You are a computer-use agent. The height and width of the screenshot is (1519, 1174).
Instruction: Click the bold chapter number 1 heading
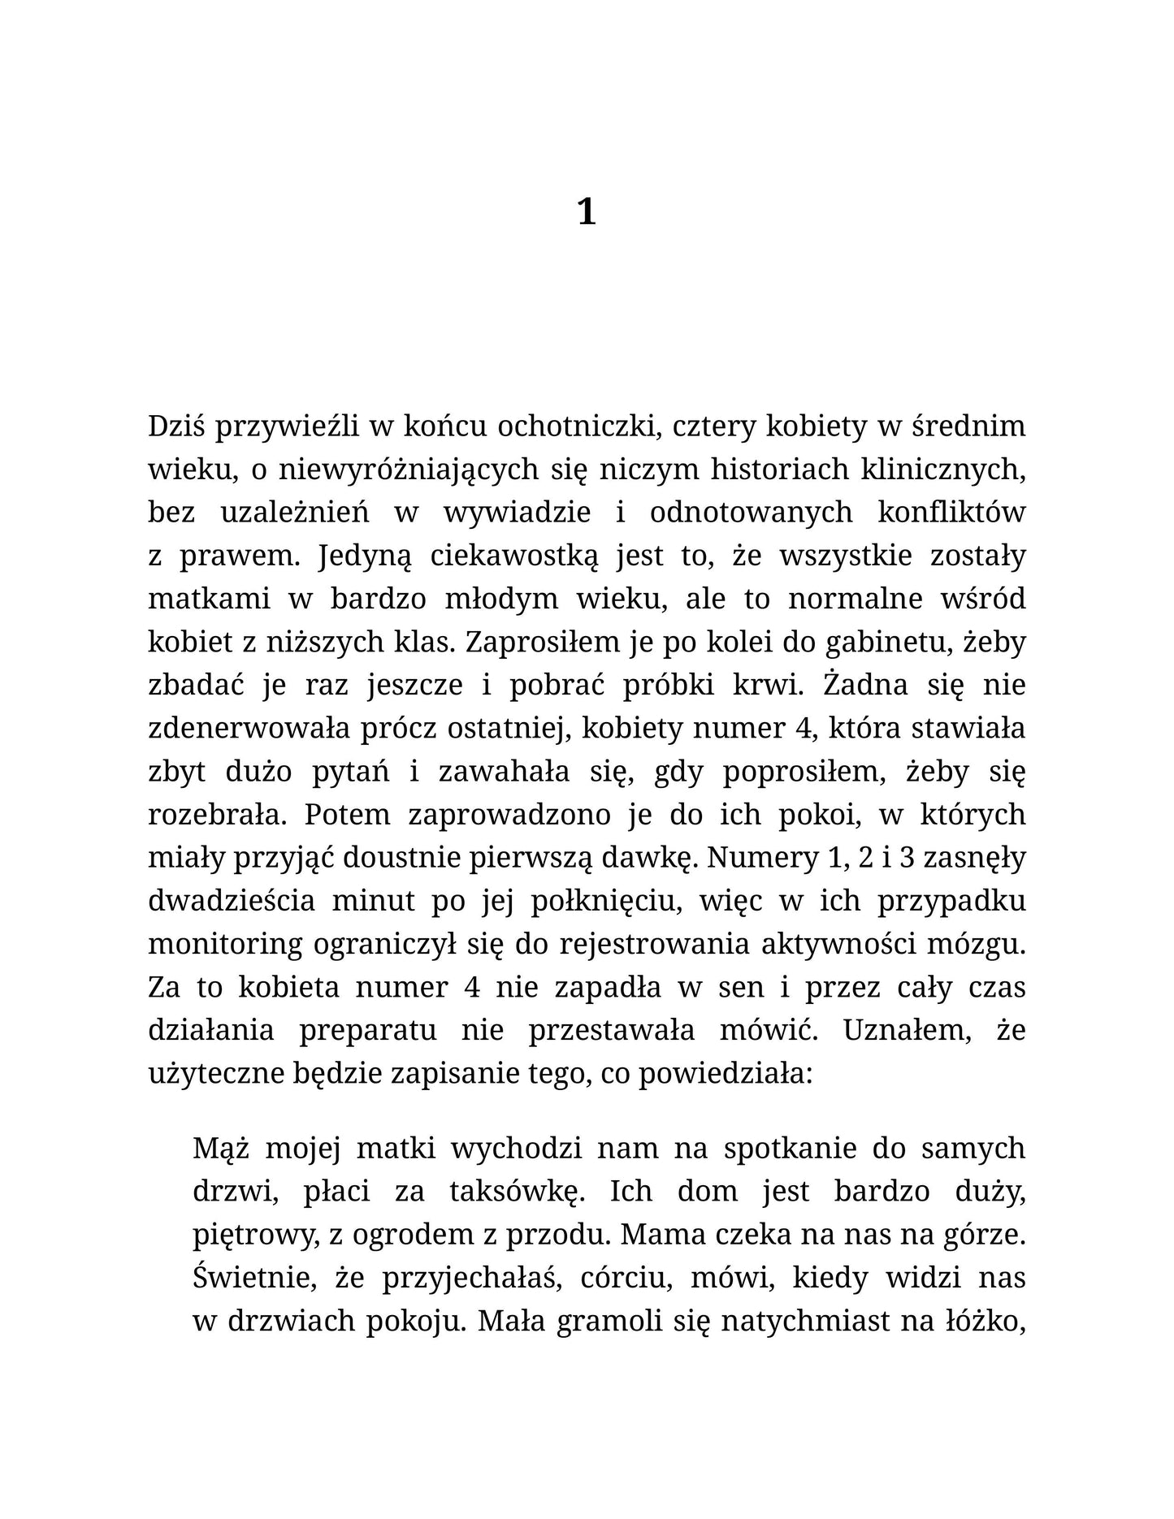point(586,213)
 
